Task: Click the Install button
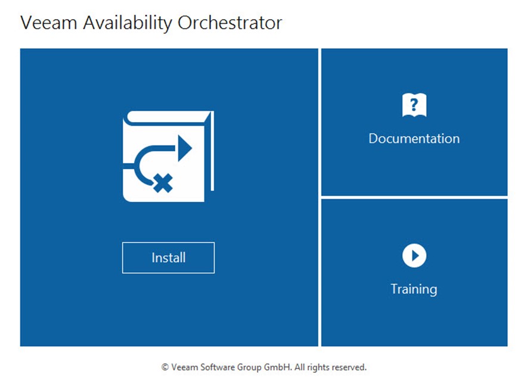[x=168, y=257]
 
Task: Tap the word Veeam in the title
[x=49, y=23]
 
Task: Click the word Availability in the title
[x=128, y=23]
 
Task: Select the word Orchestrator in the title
[x=230, y=23]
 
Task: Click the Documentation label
[x=414, y=139]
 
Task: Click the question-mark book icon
[x=414, y=105]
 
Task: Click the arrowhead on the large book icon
[x=185, y=148]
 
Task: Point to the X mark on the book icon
[x=163, y=183]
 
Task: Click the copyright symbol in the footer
[x=165, y=367]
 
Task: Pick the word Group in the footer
[x=249, y=367]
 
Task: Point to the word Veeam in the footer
[x=184, y=367]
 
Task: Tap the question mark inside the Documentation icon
[x=414, y=104]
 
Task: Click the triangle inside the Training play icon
[x=415, y=256]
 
